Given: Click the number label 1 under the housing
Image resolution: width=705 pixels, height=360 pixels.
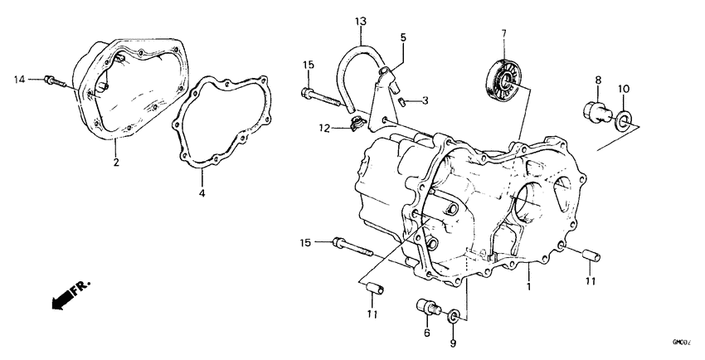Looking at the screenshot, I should coord(528,286).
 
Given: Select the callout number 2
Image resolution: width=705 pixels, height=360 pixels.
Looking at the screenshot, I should coord(117,163).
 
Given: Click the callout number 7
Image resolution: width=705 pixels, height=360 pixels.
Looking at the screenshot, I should coord(503,33).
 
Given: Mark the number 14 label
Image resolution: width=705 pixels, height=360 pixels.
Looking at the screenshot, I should coord(19,79).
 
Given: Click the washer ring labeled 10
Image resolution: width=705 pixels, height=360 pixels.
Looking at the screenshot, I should coord(623,124).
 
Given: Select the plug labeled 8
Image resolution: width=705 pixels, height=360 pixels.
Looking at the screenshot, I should coord(596,110).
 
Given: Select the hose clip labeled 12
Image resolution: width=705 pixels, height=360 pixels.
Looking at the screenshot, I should coord(357,125).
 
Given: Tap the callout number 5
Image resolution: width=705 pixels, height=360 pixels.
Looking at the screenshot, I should coord(403,37).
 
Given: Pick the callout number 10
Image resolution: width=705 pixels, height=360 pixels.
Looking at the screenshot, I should coord(625,88).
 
